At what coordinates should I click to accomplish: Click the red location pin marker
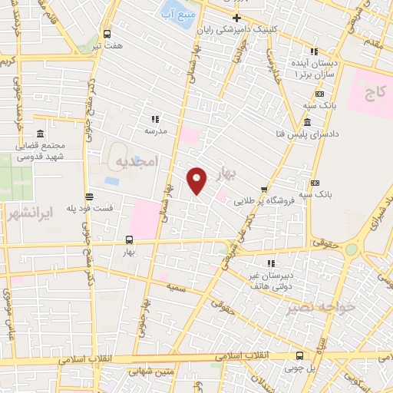[x=197, y=180]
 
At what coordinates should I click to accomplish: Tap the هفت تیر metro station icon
[x=106, y=34]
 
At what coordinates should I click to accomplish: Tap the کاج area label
[x=374, y=94]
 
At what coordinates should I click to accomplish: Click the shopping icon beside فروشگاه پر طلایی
[x=264, y=189]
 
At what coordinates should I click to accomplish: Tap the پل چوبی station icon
[x=299, y=355]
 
